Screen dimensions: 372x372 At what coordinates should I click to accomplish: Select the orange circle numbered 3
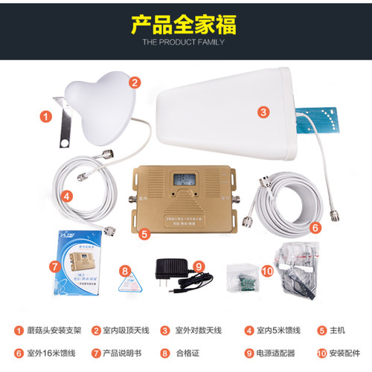coord(263,112)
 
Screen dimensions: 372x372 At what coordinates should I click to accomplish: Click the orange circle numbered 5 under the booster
coord(146,233)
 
